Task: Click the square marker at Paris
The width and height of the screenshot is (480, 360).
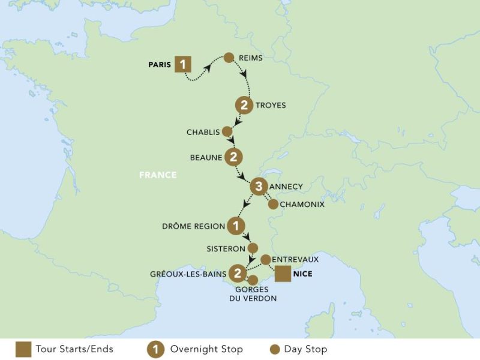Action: pos(184,64)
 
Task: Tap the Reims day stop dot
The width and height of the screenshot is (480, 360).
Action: pos(229,58)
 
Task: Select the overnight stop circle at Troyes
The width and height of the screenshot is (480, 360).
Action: pos(244,105)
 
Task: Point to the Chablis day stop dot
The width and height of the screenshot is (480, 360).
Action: pos(227,131)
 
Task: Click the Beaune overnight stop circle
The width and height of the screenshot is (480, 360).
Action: pos(233,157)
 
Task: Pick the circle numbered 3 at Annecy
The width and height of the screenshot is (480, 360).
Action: pos(258,187)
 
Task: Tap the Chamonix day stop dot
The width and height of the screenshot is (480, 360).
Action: pos(273,204)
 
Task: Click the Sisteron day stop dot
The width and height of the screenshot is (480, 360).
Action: pos(253,247)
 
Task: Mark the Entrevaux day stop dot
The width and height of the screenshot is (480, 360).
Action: pos(266,259)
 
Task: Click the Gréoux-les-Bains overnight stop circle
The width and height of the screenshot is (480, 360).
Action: pos(239,274)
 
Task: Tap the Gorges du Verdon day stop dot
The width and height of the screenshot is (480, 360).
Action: pos(253,280)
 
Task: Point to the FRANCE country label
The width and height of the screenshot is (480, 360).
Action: pos(158,175)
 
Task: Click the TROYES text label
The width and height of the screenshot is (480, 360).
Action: pos(271,106)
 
